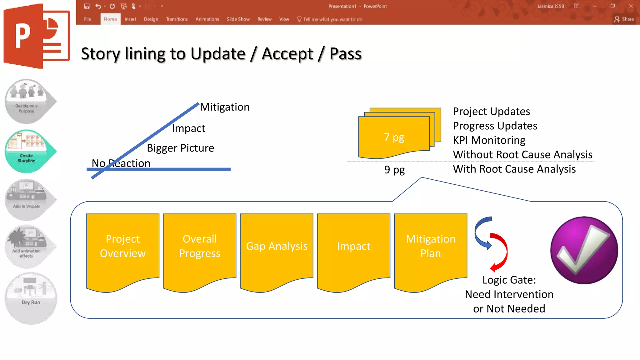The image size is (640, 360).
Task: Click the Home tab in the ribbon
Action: (110, 19)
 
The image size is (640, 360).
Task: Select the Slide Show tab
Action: (238, 19)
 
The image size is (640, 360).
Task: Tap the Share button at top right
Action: (624, 19)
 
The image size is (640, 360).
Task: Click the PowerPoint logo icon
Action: (37, 36)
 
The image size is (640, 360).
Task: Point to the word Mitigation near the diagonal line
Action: (225, 107)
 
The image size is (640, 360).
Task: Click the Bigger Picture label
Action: (180, 148)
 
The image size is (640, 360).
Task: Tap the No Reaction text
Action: (121, 163)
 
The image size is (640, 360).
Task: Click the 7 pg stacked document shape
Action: (394, 137)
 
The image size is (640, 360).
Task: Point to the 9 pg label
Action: (394, 170)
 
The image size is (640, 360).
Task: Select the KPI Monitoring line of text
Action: (489, 140)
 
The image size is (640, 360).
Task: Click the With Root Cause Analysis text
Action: (514, 169)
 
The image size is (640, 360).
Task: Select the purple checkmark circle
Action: (584, 250)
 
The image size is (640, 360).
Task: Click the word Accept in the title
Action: (287, 54)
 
